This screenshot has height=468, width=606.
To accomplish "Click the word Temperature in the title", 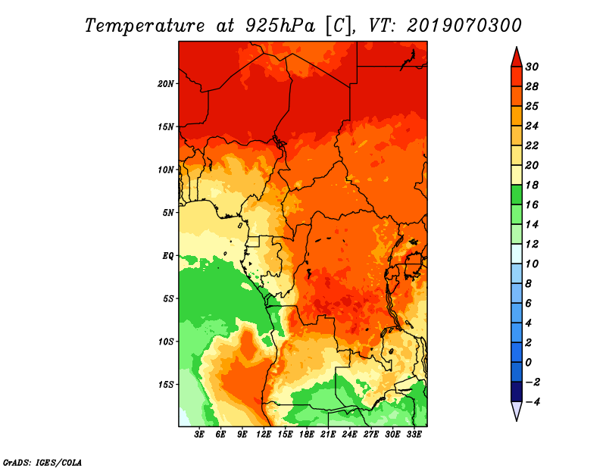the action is click(x=145, y=26).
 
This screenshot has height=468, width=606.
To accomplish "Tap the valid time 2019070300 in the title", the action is click(x=464, y=26).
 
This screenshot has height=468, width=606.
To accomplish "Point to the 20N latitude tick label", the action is click(x=166, y=84).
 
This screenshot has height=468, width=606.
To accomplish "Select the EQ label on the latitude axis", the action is click(x=167, y=256).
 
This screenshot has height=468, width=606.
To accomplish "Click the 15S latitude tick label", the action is click(x=166, y=385).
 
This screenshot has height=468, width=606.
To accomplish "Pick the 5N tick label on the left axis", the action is click(x=168, y=213).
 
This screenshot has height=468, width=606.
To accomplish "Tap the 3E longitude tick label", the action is click(x=199, y=435).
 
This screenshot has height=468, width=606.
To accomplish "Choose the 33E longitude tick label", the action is click(x=414, y=435).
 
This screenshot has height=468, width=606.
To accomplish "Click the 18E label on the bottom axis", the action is click(x=307, y=435).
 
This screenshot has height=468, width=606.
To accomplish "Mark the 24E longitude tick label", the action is click(x=349, y=435).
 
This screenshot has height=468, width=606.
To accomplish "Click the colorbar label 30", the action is click(x=532, y=67).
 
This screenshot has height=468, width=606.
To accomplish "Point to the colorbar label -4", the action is click(x=533, y=402).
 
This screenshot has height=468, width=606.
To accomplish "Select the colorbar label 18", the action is click(x=532, y=185).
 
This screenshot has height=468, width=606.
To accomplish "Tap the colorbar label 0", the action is click(x=528, y=363).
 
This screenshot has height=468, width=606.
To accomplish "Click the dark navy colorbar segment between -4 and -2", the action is click(x=517, y=392).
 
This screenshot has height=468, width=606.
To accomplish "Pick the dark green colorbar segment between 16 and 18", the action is click(x=517, y=195).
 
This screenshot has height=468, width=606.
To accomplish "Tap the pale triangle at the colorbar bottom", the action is click(x=517, y=410).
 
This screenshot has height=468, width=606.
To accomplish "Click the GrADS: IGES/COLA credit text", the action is click(x=42, y=463).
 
